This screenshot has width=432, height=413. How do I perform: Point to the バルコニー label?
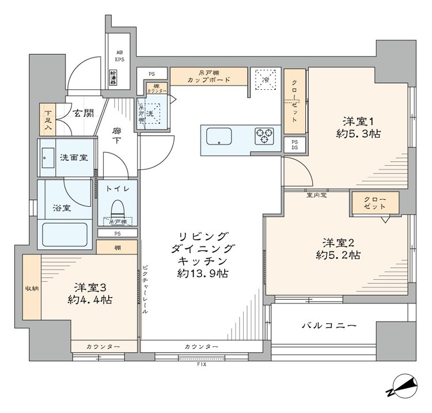tap(329, 326)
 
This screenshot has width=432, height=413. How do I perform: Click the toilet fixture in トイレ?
tap(117, 207)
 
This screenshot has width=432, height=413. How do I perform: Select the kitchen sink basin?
tap(219, 138)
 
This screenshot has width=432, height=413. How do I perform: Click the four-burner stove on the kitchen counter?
tap(264, 136)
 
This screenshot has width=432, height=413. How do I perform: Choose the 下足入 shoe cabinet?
tap(47, 119)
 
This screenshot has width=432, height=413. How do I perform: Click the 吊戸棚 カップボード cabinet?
tap(209, 76)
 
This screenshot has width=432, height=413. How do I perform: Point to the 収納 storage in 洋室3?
tap(31, 288)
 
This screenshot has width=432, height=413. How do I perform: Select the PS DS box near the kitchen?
tap(294, 145)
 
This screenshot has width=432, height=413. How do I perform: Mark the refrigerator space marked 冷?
tap(265, 79)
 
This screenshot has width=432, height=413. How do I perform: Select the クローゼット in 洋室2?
tap(374, 203)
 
